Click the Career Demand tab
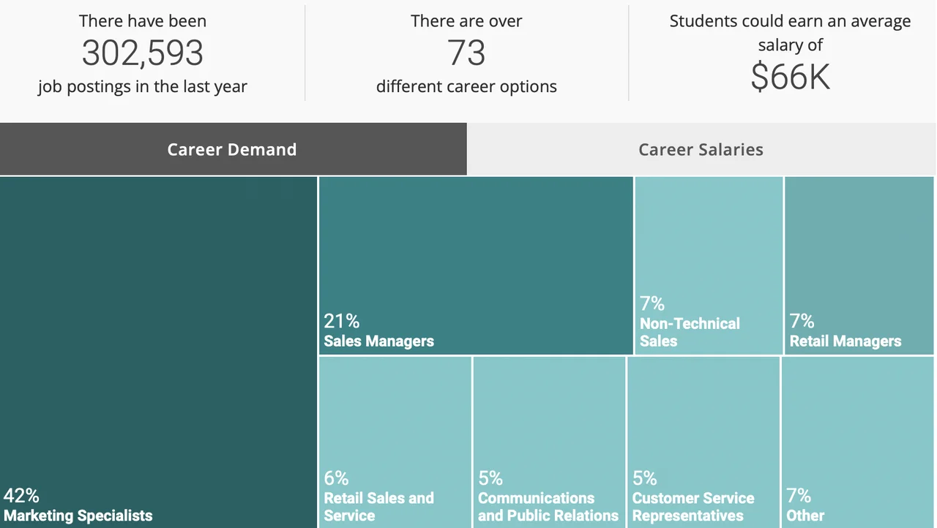(232, 149)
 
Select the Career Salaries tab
(701, 149)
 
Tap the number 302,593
(143, 53)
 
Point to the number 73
(466, 53)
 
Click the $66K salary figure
(790, 77)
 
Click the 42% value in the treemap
(21, 496)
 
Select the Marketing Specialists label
(78, 516)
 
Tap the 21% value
(342, 321)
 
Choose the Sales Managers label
(379, 341)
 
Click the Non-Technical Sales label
(690, 332)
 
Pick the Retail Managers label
(845, 341)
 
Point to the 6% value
(337, 478)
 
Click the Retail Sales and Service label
(378, 507)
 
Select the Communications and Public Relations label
(548, 507)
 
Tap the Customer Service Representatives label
(693, 507)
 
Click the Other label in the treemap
(805, 516)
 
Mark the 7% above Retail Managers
(802, 321)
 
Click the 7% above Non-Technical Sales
(652, 303)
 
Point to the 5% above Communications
(490, 478)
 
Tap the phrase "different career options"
(466, 86)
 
